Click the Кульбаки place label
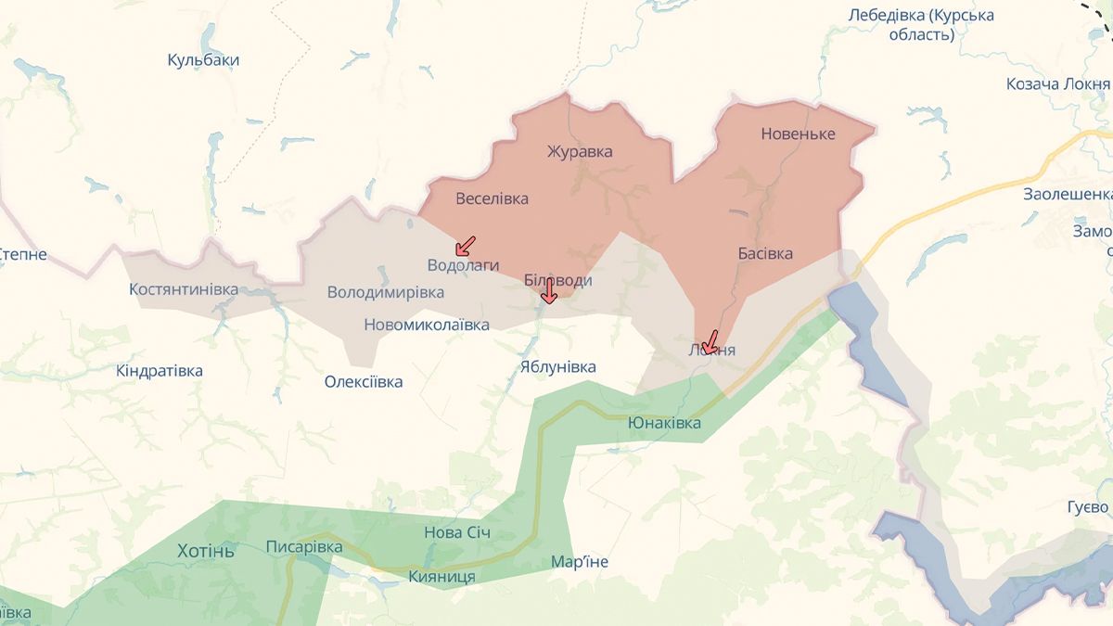tap(203, 60)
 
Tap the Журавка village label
tap(580, 151)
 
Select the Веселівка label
tap(492, 198)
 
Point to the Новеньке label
tap(798, 134)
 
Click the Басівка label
tap(765, 253)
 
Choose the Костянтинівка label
tap(184, 289)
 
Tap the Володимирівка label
tap(385, 293)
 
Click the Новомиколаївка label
tap(426, 325)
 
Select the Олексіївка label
tap(364, 381)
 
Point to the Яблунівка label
tap(557, 367)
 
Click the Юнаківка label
tap(664, 423)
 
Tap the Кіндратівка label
tap(159, 371)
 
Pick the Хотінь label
tap(206, 551)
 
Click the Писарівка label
tap(303, 546)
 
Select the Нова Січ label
tap(456, 532)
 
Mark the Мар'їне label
tap(579, 562)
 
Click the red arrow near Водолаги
tap(466, 246)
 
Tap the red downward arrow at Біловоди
tap(548, 293)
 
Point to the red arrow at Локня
tap(710, 343)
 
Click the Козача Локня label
tap(1058, 84)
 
